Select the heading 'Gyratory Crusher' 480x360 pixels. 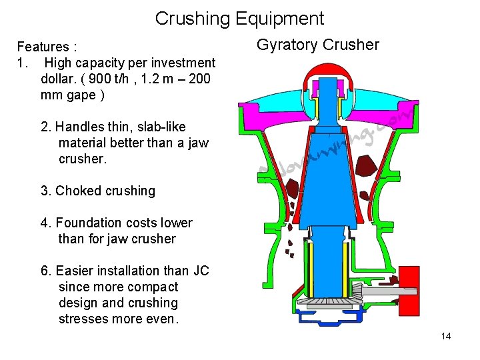(318, 45)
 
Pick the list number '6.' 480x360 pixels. (47, 271)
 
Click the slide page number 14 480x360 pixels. (446, 336)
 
